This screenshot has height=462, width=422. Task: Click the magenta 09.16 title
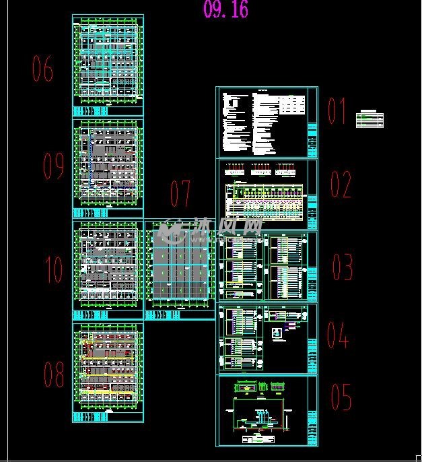[x=225, y=9]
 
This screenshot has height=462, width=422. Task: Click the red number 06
[x=43, y=69]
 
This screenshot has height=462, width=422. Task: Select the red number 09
[x=53, y=166]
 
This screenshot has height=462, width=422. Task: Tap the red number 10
[x=54, y=270]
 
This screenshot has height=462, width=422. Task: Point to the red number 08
[x=54, y=374]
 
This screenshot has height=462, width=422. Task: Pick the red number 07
[x=180, y=194]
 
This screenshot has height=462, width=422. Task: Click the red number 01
[x=337, y=112]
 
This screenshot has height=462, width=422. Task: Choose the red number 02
[x=341, y=185]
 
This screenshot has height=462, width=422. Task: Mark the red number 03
[x=342, y=267]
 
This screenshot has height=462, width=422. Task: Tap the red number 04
[x=338, y=335]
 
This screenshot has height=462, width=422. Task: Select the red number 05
[x=341, y=397]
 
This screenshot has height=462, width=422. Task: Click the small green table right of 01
[x=370, y=119]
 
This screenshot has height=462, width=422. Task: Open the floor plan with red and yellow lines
[x=108, y=372]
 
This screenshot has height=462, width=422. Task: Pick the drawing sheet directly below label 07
[x=179, y=269]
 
